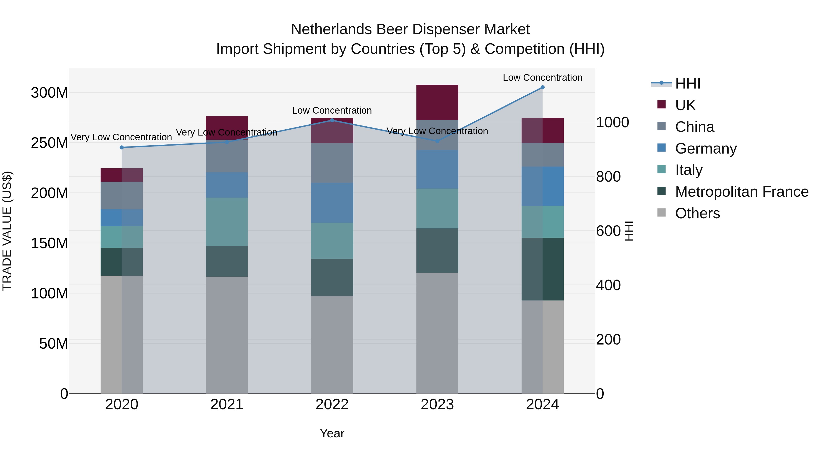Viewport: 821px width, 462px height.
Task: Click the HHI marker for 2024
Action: tap(543, 87)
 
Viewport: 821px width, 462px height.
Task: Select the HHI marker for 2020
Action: tap(122, 148)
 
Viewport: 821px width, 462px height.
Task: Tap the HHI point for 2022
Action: tap(332, 120)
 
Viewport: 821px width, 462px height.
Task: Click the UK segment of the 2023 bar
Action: tap(437, 102)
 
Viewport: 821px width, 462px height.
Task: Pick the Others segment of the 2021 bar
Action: tap(227, 335)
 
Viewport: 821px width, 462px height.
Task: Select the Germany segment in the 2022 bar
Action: tap(332, 203)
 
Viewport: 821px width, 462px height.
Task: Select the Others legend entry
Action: tap(697, 213)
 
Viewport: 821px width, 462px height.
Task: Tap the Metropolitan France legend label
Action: tap(742, 192)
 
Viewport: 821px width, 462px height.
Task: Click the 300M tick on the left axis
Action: tap(49, 93)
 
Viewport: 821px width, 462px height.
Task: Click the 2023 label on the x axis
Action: tap(437, 404)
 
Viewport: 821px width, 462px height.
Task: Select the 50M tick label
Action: tap(54, 343)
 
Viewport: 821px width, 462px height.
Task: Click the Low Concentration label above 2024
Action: tap(543, 78)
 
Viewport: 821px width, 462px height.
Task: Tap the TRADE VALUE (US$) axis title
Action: tap(7, 231)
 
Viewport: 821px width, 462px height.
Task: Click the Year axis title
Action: tap(332, 433)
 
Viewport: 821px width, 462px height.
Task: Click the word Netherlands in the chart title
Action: tap(331, 29)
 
